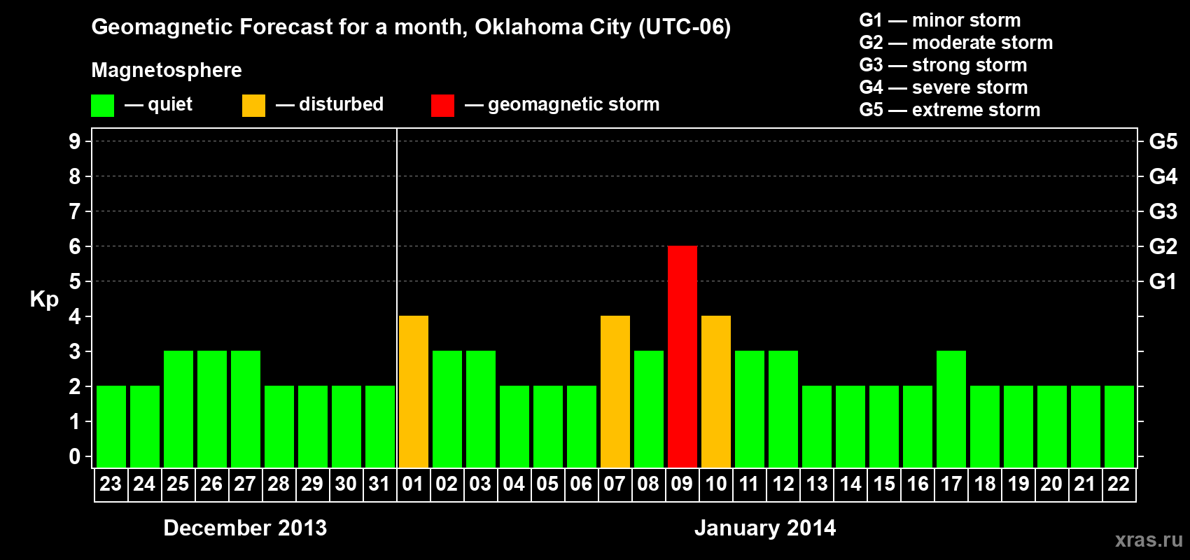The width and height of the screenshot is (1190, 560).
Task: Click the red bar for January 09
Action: coord(682,356)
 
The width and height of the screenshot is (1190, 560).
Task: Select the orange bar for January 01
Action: coord(413,391)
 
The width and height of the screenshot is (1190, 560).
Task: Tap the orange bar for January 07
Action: coord(615,391)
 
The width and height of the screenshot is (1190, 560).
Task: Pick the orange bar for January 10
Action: coord(715,391)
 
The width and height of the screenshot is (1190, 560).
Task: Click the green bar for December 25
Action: coord(178,409)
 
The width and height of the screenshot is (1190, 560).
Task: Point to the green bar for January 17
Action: coord(951,409)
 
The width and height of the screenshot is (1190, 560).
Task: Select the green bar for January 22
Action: coord(1119,426)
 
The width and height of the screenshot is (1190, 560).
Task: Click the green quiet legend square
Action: coord(102,106)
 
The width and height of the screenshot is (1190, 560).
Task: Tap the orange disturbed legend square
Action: coord(253,106)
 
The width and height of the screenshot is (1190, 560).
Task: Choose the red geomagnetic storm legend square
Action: coord(442,106)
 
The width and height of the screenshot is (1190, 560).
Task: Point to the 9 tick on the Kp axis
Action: coord(75,141)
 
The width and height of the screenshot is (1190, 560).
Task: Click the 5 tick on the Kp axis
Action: coord(75,281)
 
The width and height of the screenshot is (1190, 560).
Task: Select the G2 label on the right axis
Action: coord(1163,246)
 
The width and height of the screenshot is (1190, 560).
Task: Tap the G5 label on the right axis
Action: coord(1163,141)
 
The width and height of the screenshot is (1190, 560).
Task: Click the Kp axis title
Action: coord(44,299)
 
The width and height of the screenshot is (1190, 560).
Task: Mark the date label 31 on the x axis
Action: coord(379,484)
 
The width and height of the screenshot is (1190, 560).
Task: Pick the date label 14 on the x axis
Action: coord(850,484)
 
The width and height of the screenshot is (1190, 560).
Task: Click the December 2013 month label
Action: coord(245,528)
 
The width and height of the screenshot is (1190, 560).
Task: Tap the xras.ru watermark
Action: coord(1149,540)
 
